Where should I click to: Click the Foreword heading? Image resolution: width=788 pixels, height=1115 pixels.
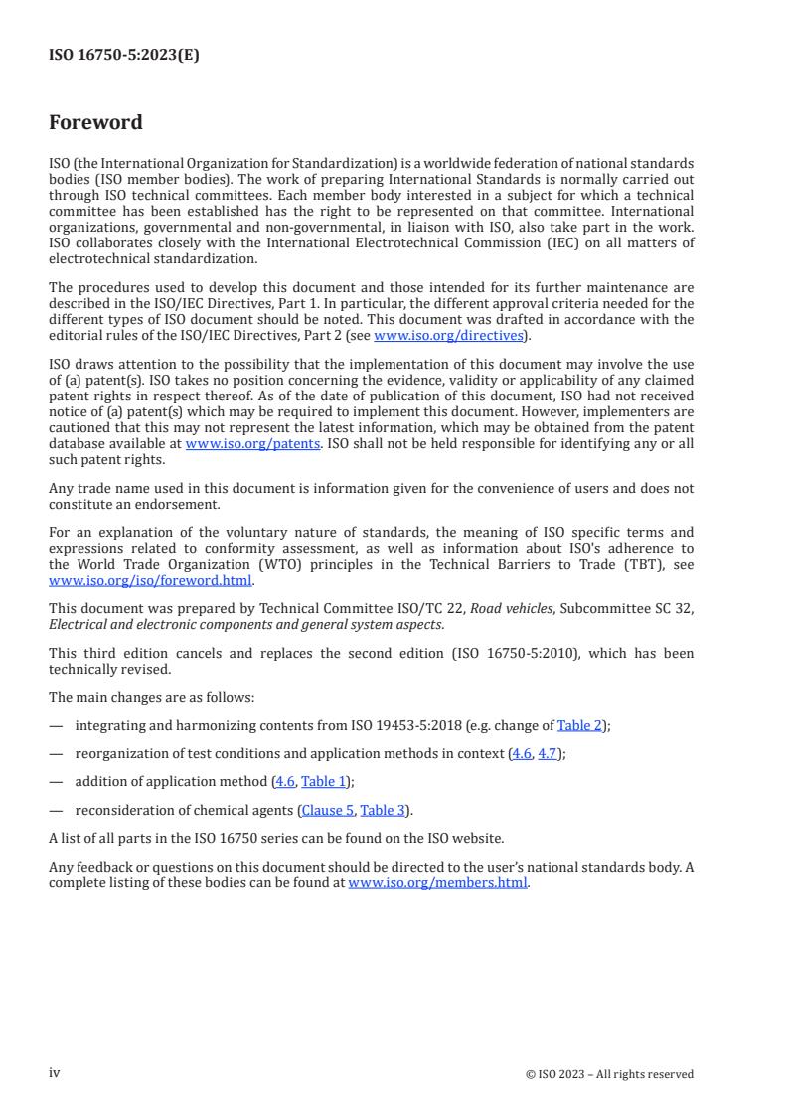tap(95, 123)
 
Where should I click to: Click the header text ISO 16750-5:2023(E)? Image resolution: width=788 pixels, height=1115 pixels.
tap(123, 56)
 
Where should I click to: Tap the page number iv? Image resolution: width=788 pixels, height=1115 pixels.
tap(55, 1073)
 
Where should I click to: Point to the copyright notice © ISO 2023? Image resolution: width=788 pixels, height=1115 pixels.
tap(609, 1074)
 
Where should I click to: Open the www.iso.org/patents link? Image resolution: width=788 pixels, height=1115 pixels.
tap(252, 446)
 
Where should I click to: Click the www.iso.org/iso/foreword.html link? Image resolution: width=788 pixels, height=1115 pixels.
tap(151, 581)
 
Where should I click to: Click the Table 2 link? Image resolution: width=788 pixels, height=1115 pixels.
tap(579, 725)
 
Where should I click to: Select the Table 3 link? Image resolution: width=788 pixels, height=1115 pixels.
tap(384, 810)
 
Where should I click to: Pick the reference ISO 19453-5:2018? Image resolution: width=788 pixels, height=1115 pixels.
tap(342, 725)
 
